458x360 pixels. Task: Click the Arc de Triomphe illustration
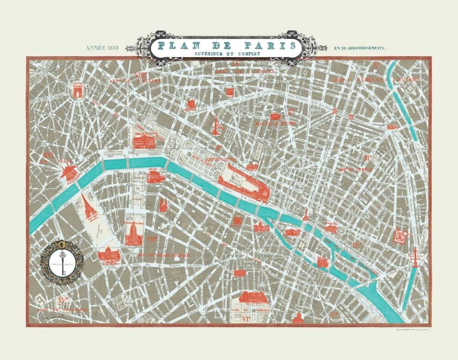pyautogui.click(x=76, y=90)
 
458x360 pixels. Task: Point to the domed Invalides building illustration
pyautogui.click(x=133, y=234)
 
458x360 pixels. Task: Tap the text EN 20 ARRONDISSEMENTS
pyautogui.click(x=360, y=48)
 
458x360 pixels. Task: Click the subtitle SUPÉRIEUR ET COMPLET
pyautogui.click(x=226, y=54)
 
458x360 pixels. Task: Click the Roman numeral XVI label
pyautogui.click(x=48, y=156)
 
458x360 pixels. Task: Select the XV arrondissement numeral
pyautogui.click(x=63, y=300)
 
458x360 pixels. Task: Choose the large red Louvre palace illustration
pyautogui.click(x=243, y=183)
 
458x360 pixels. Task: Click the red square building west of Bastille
pyautogui.click(x=401, y=235)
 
